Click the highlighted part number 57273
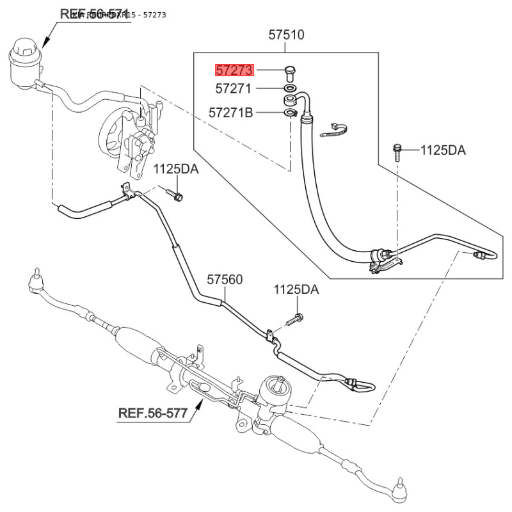click(235, 70)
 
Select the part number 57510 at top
click(286, 35)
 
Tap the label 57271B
click(230, 113)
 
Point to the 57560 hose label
click(225, 280)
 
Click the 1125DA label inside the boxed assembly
click(443, 151)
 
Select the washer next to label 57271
click(289, 87)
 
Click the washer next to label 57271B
click(290, 113)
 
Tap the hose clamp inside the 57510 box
click(333, 131)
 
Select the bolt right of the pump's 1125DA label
click(175, 194)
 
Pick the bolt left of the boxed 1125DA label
click(397, 150)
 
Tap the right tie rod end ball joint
click(399, 486)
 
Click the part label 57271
click(234, 88)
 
